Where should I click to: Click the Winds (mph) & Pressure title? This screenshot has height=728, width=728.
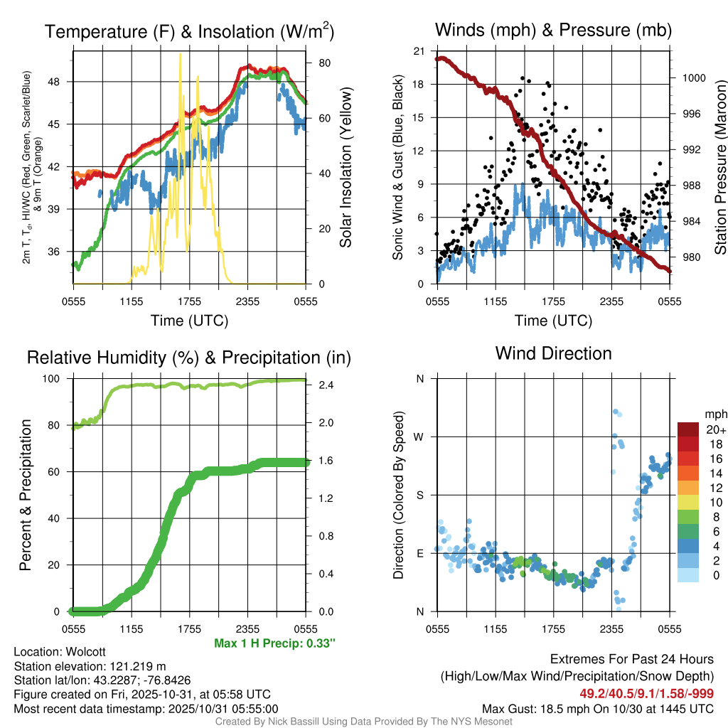(x=553, y=30)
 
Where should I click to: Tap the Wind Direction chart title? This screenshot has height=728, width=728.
(x=553, y=353)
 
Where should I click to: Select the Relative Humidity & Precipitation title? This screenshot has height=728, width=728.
(x=189, y=358)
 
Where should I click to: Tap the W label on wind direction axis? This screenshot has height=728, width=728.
(x=420, y=437)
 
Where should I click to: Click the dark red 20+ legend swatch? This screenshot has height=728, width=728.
(x=688, y=429)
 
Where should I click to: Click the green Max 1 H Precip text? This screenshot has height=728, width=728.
(x=274, y=643)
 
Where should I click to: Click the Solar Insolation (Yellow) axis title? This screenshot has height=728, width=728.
(x=346, y=167)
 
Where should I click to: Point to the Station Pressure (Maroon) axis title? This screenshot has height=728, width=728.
(x=719, y=167)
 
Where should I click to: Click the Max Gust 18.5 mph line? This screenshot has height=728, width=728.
(x=598, y=708)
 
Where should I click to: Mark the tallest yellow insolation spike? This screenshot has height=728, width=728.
(x=180, y=54)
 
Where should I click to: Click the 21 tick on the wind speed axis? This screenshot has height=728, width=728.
(x=419, y=51)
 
